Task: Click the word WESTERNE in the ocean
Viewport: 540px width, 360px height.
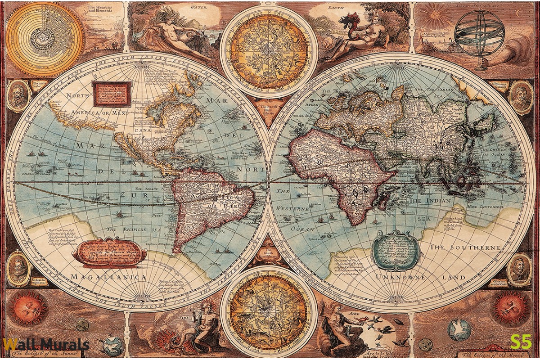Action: coord(292,209)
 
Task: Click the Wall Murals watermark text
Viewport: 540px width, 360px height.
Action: coord(45,345)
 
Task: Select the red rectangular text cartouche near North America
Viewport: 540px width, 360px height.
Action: coord(112,93)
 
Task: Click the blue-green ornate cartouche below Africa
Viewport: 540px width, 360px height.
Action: coord(396,250)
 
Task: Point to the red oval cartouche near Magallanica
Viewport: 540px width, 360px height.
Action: coord(109,252)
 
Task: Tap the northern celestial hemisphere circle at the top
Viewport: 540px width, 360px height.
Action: coord(269,52)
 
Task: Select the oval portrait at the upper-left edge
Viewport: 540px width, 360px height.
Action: coord(18,96)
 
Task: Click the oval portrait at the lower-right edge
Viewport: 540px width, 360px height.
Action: coord(520,269)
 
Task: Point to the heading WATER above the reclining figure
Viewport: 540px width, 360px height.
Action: coord(198,8)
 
